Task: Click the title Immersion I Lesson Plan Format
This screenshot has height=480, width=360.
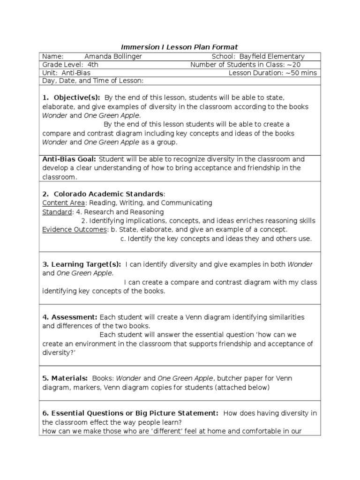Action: (x=180, y=47)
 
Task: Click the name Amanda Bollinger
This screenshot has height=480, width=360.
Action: (x=113, y=56)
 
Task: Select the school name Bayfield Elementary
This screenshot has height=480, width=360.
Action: (x=271, y=56)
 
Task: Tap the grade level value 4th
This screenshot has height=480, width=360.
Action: (x=93, y=65)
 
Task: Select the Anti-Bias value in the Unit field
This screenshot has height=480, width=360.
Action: (x=75, y=73)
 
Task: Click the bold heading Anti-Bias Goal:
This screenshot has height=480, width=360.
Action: (x=69, y=159)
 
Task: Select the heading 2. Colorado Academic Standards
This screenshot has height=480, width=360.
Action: (x=104, y=194)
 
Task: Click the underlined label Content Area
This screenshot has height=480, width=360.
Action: (x=63, y=203)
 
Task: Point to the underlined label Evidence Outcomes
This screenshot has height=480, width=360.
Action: (x=74, y=230)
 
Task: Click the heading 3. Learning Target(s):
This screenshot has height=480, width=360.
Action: (x=82, y=265)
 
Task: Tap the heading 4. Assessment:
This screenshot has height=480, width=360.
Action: (x=70, y=317)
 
